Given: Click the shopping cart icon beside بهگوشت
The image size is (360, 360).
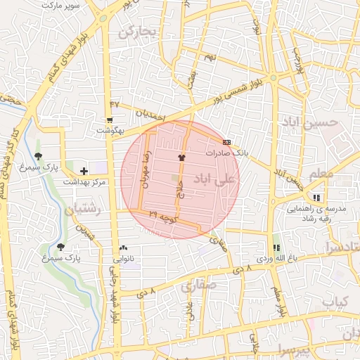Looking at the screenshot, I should pos(110,121).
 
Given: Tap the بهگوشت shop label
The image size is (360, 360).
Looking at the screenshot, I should pos(110,131).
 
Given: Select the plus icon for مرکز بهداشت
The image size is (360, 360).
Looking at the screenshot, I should pos(84,171).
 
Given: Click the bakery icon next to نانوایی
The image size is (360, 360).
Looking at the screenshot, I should pos(124,247).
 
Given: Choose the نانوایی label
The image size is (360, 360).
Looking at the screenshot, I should pos(124,258).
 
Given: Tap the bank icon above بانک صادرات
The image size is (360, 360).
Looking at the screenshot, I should pos(226,142).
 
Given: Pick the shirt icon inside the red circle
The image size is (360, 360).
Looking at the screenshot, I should pos(181,157).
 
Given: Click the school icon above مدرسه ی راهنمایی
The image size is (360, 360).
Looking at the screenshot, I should pos(317,198).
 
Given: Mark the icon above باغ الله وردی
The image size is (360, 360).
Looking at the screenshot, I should pos(276,247).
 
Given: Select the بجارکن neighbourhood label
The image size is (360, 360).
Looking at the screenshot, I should pos(136,32).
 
